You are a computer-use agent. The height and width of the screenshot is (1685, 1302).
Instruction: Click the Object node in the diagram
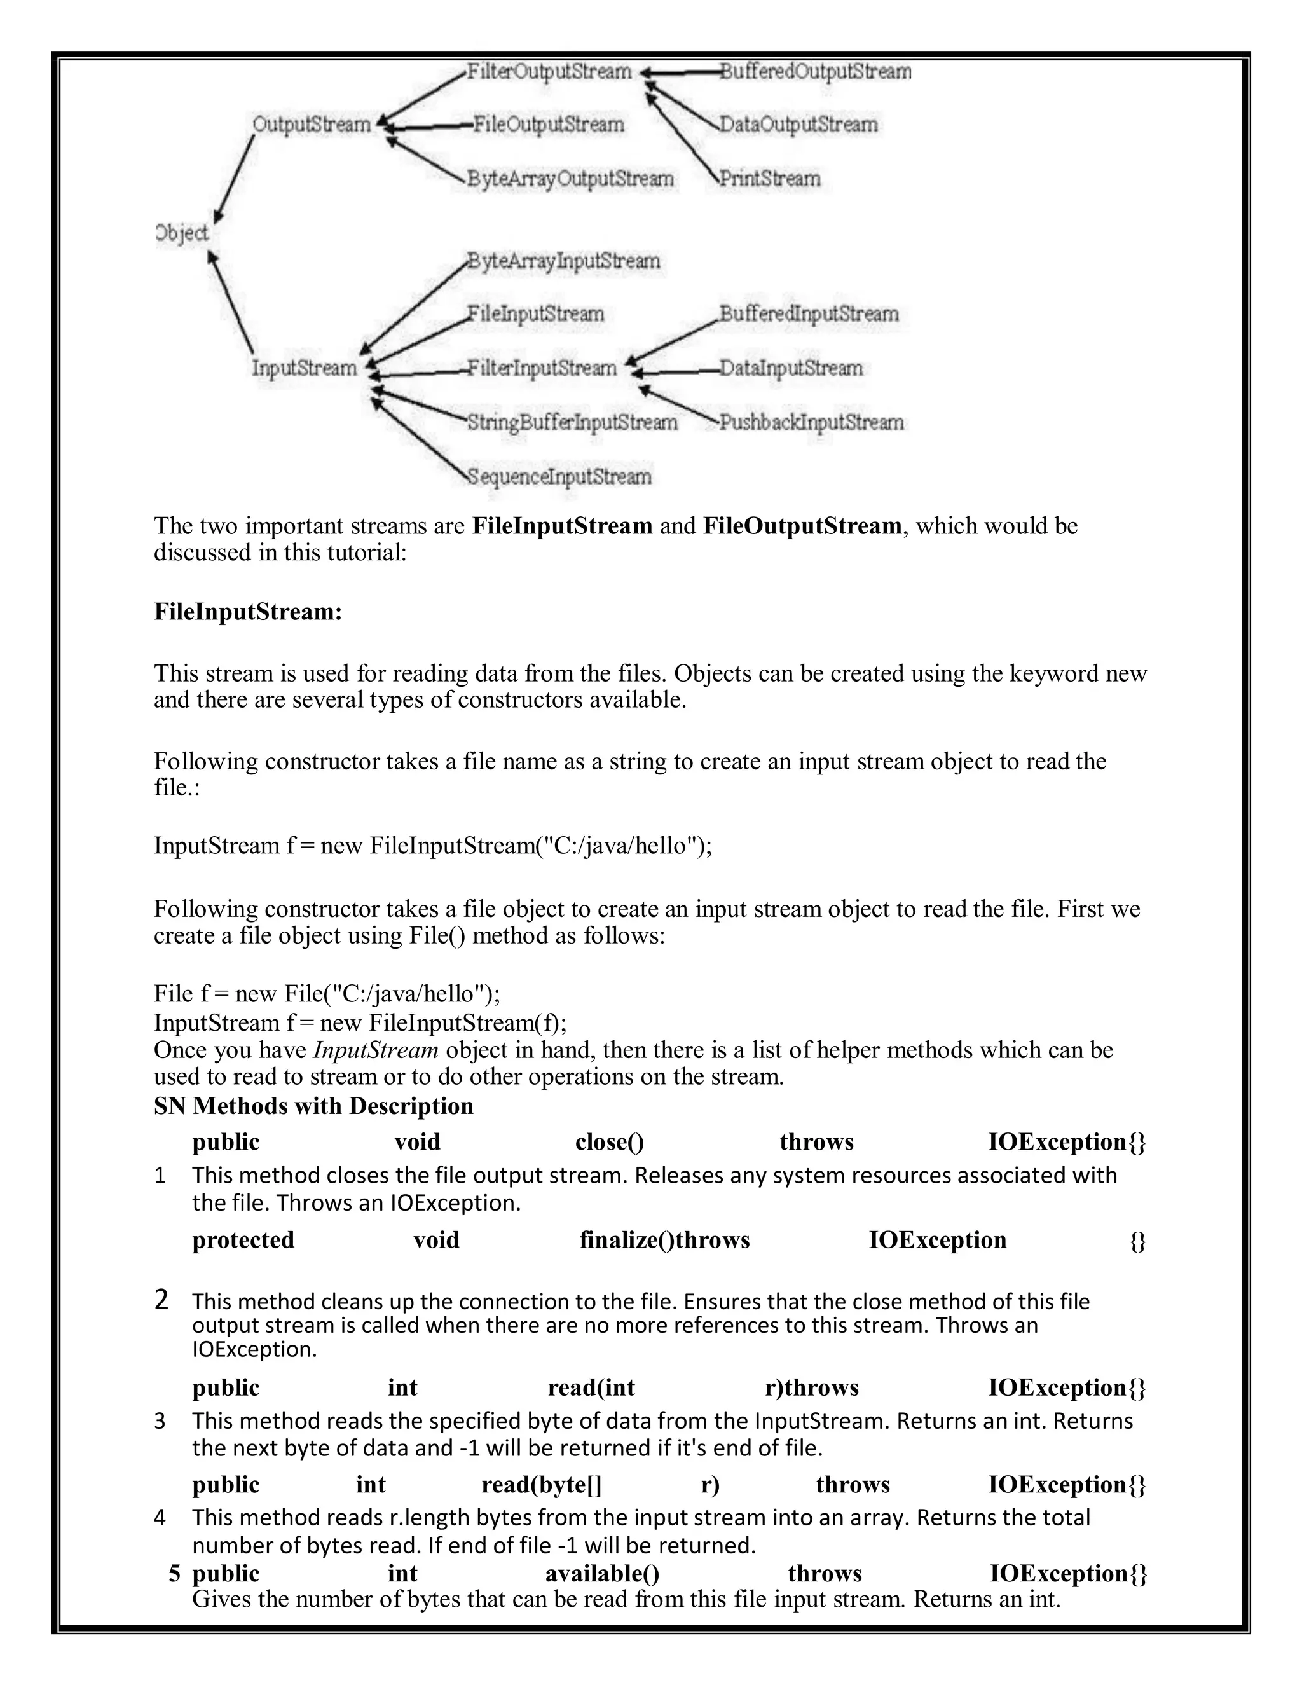point(182,233)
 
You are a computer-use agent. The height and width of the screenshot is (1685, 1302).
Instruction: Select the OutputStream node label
point(312,124)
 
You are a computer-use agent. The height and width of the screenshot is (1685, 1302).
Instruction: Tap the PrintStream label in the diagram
point(769,179)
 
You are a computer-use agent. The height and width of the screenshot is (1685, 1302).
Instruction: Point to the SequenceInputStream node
point(559,477)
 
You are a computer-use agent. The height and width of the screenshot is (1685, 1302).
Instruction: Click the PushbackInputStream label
point(811,423)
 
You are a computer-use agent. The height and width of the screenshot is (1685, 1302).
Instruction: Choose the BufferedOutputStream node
point(815,72)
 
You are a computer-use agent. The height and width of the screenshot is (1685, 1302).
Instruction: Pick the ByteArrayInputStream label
point(563,261)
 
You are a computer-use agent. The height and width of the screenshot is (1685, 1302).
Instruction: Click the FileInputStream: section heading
point(247,612)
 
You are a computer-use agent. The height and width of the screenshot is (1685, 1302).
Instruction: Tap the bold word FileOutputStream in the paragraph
point(802,526)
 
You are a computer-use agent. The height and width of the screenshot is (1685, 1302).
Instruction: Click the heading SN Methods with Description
point(313,1106)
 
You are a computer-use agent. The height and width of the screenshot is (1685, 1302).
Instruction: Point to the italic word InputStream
point(376,1050)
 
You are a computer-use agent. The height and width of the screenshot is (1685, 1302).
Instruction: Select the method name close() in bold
point(609,1142)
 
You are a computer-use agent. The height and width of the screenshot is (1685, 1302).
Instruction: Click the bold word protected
point(243,1240)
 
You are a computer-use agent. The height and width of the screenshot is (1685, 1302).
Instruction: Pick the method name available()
point(601,1573)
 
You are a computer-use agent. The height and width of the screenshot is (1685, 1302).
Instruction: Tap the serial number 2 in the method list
point(161,1300)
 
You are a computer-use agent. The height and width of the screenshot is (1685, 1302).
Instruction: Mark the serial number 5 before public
point(175,1573)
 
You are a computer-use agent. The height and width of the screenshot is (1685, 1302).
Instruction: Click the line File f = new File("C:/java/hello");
point(327,993)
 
